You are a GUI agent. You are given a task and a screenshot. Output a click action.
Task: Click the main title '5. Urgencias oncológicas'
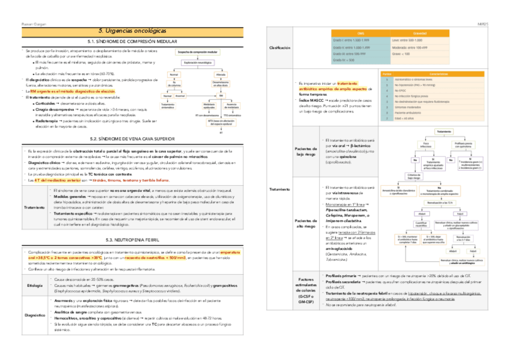127,30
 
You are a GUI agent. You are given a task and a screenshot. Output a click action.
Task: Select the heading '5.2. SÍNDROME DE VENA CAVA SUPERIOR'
127,138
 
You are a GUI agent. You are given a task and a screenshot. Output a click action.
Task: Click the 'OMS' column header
361,32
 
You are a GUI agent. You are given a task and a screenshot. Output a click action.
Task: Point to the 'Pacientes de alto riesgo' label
302,222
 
